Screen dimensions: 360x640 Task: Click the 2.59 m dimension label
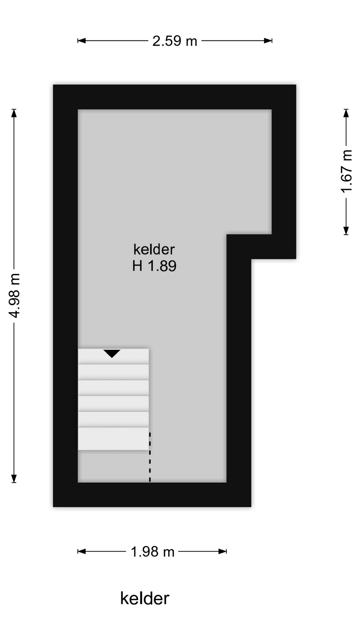coord(175,41)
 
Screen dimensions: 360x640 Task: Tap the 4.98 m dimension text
coord(15,295)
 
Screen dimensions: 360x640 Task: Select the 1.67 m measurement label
coord(346,171)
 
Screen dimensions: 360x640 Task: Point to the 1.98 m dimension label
coord(152,552)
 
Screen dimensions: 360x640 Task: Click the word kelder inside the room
coord(154,249)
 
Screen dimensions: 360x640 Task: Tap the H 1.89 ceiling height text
coord(154,266)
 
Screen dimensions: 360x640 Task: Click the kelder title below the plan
coord(145,598)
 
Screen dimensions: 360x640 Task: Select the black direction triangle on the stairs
coord(112,353)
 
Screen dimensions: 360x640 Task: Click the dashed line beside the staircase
coord(150,457)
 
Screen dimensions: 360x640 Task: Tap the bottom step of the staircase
coord(113,439)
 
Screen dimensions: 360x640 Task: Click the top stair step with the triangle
coord(113,356)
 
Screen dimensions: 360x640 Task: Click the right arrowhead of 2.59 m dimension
coord(268,41)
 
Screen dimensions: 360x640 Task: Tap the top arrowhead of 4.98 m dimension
coord(14,113)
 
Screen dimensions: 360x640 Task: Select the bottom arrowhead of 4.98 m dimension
coord(14,478)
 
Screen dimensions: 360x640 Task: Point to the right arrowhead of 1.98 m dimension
coord(223,551)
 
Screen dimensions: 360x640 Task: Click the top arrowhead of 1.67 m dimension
coord(346,113)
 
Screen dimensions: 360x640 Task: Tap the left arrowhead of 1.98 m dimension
coord(82,551)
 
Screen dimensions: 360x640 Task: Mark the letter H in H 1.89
coord(137,266)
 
